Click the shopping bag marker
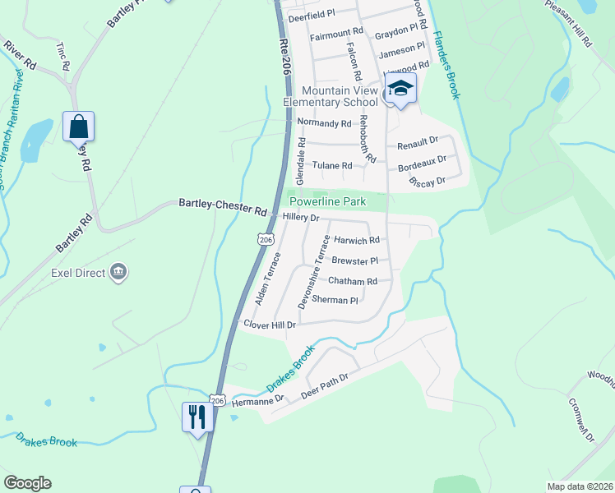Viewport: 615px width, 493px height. pos(78,127)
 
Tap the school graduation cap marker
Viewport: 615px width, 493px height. pos(400,90)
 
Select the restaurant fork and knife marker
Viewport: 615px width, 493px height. pos(197,417)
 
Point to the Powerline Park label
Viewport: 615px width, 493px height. pos(326,201)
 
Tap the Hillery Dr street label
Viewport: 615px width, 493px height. pos(300,218)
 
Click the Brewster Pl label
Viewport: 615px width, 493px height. pos(354,260)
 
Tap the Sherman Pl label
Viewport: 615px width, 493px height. pos(335,301)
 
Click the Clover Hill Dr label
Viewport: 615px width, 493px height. pos(270,325)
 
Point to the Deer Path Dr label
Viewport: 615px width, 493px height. pos(326,383)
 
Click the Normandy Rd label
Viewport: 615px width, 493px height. pos(324,123)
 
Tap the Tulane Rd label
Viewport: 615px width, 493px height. pos(332,165)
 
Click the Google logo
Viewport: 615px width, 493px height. pos(26,483)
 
